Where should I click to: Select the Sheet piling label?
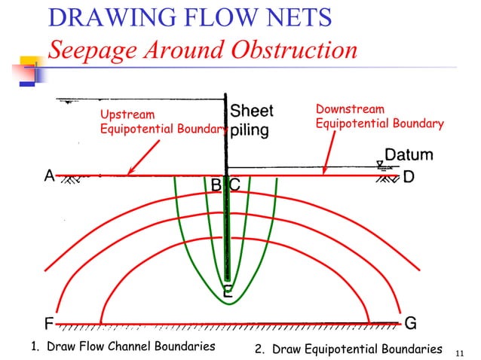(251, 121)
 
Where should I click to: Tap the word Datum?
(409, 155)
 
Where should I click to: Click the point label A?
(49, 176)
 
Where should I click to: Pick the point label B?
(216, 185)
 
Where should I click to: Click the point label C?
(234, 185)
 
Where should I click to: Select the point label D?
(409, 178)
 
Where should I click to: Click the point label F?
(48, 324)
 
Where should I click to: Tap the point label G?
(411, 323)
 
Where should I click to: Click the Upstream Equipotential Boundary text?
(162, 122)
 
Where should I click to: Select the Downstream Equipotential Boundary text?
(379, 117)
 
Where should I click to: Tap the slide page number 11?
(464, 351)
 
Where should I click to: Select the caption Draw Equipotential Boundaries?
(348, 349)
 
